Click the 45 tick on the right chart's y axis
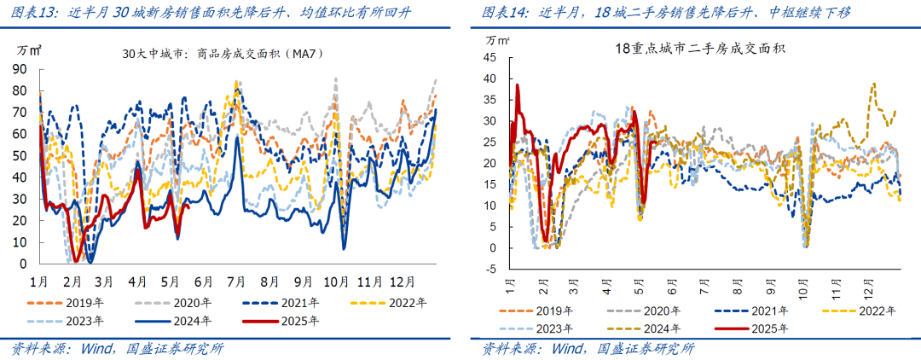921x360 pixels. coord(490,57)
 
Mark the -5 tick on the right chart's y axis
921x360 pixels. coord(490,270)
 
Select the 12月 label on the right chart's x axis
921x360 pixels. coord(872,282)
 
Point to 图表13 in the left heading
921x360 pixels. coord(28,13)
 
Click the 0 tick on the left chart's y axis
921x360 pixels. coord(23,264)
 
